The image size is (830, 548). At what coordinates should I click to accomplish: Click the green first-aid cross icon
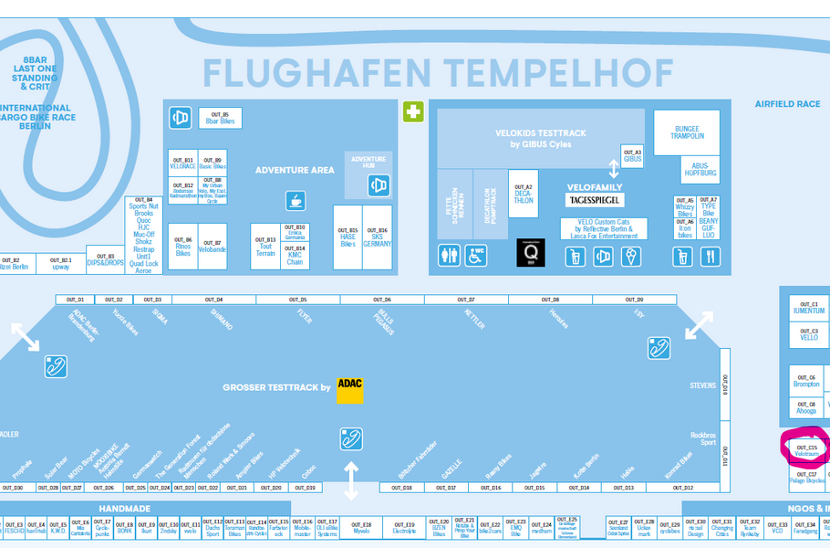[413, 111]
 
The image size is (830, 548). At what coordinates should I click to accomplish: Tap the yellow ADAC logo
[349, 389]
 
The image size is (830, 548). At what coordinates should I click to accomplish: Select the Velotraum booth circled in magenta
[807, 449]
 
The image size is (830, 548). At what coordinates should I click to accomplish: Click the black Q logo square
[530, 253]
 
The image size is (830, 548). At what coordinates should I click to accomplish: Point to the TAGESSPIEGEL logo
[596, 200]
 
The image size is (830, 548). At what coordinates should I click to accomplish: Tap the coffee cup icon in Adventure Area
[295, 200]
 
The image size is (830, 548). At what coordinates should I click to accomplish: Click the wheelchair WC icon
[475, 255]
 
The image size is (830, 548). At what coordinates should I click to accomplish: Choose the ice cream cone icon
[631, 257]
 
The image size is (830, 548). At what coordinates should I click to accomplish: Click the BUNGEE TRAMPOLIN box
[686, 132]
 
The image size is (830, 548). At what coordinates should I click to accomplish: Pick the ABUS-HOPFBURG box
[700, 169]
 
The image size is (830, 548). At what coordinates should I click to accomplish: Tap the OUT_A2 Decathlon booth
[524, 195]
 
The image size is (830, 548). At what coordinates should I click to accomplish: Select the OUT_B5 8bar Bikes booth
[220, 118]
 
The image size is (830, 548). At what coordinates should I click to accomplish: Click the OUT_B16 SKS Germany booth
[377, 237]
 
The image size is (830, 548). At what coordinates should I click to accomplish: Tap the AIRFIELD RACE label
[787, 104]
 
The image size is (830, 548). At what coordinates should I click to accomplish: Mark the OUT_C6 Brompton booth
[806, 381]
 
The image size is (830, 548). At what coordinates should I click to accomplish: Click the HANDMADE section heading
[124, 508]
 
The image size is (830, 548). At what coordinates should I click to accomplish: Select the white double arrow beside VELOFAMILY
[614, 168]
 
